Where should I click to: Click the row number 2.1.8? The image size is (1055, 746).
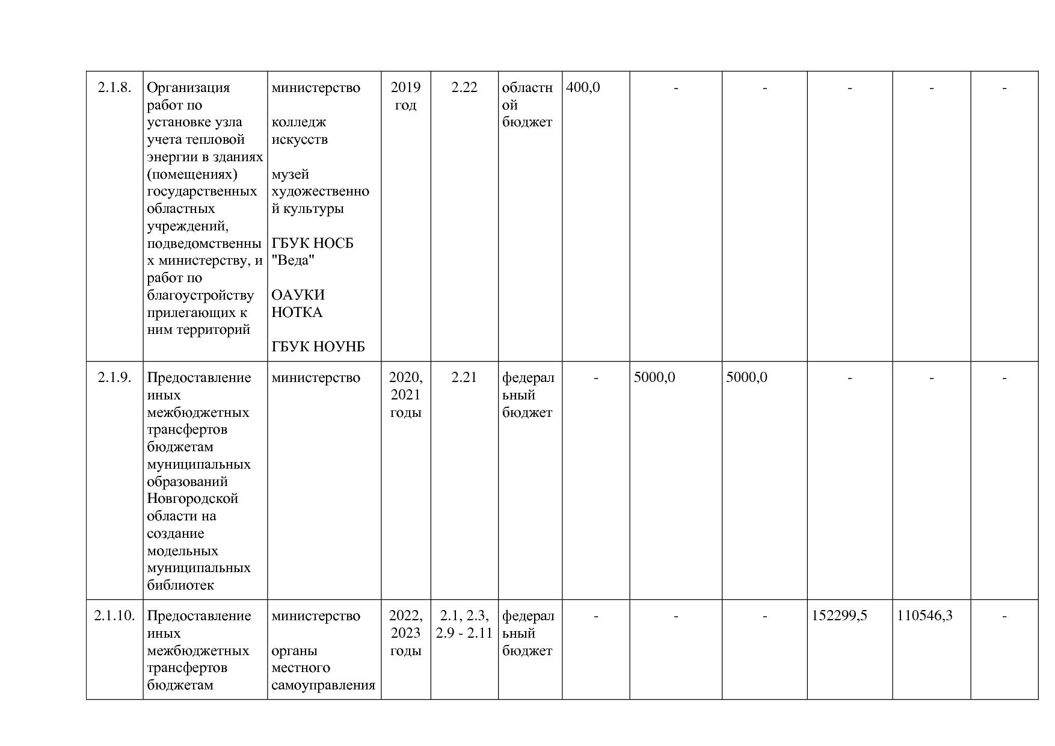click(114, 88)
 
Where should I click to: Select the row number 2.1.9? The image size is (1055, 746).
click(114, 378)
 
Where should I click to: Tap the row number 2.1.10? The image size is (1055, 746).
click(114, 616)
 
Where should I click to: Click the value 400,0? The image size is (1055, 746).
click(583, 88)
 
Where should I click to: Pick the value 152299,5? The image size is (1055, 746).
click(839, 616)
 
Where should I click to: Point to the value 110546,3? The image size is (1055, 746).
click(924, 616)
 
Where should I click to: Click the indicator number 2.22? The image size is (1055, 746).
click(464, 88)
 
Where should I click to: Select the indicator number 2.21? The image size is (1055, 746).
click(464, 378)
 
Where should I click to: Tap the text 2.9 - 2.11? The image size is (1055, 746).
click(464, 633)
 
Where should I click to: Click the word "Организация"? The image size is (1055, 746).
click(188, 88)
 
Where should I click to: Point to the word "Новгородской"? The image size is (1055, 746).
click(192, 499)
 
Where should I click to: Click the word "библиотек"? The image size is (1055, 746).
click(180, 585)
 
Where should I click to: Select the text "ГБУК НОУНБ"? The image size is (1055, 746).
click(318, 347)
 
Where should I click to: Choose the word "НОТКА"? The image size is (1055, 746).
click(297, 312)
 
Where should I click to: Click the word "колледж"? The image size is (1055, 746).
click(299, 122)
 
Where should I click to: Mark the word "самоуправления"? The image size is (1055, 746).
click(323, 685)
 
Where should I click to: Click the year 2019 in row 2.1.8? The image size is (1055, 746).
click(405, 88)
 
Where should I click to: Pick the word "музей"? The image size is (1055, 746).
click(291, 174)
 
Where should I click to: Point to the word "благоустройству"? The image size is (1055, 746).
click(200, 295)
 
